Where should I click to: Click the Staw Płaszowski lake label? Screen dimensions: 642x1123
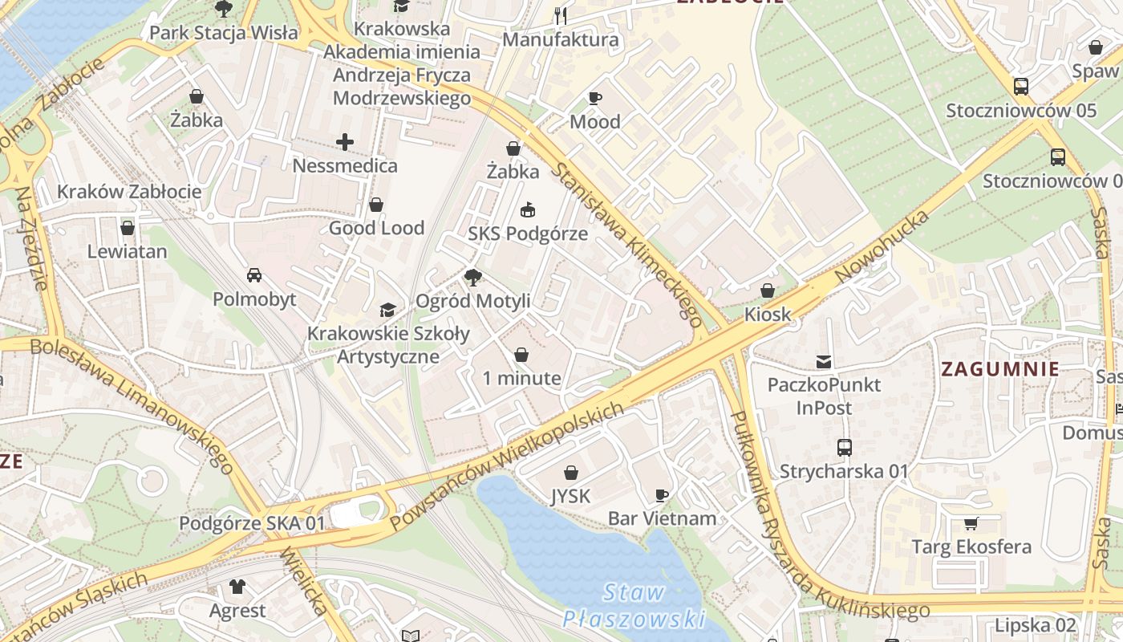[x=634, y=606]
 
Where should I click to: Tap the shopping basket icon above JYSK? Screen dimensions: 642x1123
[x=571, y=473]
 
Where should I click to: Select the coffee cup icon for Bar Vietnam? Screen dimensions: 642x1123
[x=662, y=495]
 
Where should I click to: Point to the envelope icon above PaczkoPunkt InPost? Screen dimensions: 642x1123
[x=824, y=362]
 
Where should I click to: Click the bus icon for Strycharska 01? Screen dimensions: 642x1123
[x=844, y=448]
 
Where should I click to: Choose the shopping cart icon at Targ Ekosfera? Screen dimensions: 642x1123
[x=971, y=524]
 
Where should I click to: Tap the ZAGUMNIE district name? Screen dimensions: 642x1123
[x=999, y=370]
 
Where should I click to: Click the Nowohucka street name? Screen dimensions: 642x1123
[x=882, y=246]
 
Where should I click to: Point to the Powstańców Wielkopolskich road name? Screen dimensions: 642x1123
[x=507, y=465]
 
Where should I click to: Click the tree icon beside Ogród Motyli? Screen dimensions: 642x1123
[x=473, y=278]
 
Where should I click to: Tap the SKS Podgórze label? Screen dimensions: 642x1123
[x=528, y=234]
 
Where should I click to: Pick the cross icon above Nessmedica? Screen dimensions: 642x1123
[x=345, y=143]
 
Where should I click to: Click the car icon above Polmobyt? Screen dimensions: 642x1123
[x=253, y=275]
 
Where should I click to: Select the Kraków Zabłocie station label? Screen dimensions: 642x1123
[x=129, y=192]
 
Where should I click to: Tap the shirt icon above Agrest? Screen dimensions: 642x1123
[x=237, y=587]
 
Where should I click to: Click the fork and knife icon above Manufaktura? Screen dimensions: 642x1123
[x=561, y=15]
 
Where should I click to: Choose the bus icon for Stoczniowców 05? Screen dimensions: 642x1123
[x=1021, y=87]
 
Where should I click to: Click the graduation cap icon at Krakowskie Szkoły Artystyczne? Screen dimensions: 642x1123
[x=387, y=310]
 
